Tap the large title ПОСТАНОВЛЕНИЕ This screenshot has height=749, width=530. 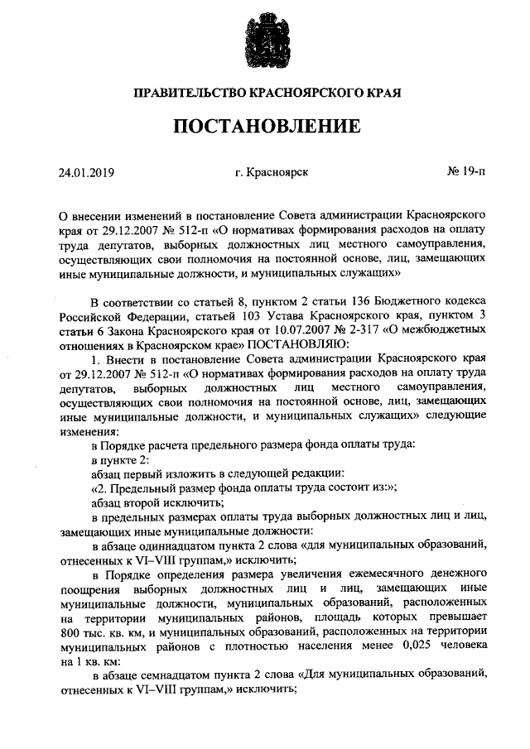265,127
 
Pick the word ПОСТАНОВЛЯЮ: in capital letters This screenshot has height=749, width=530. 308,344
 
